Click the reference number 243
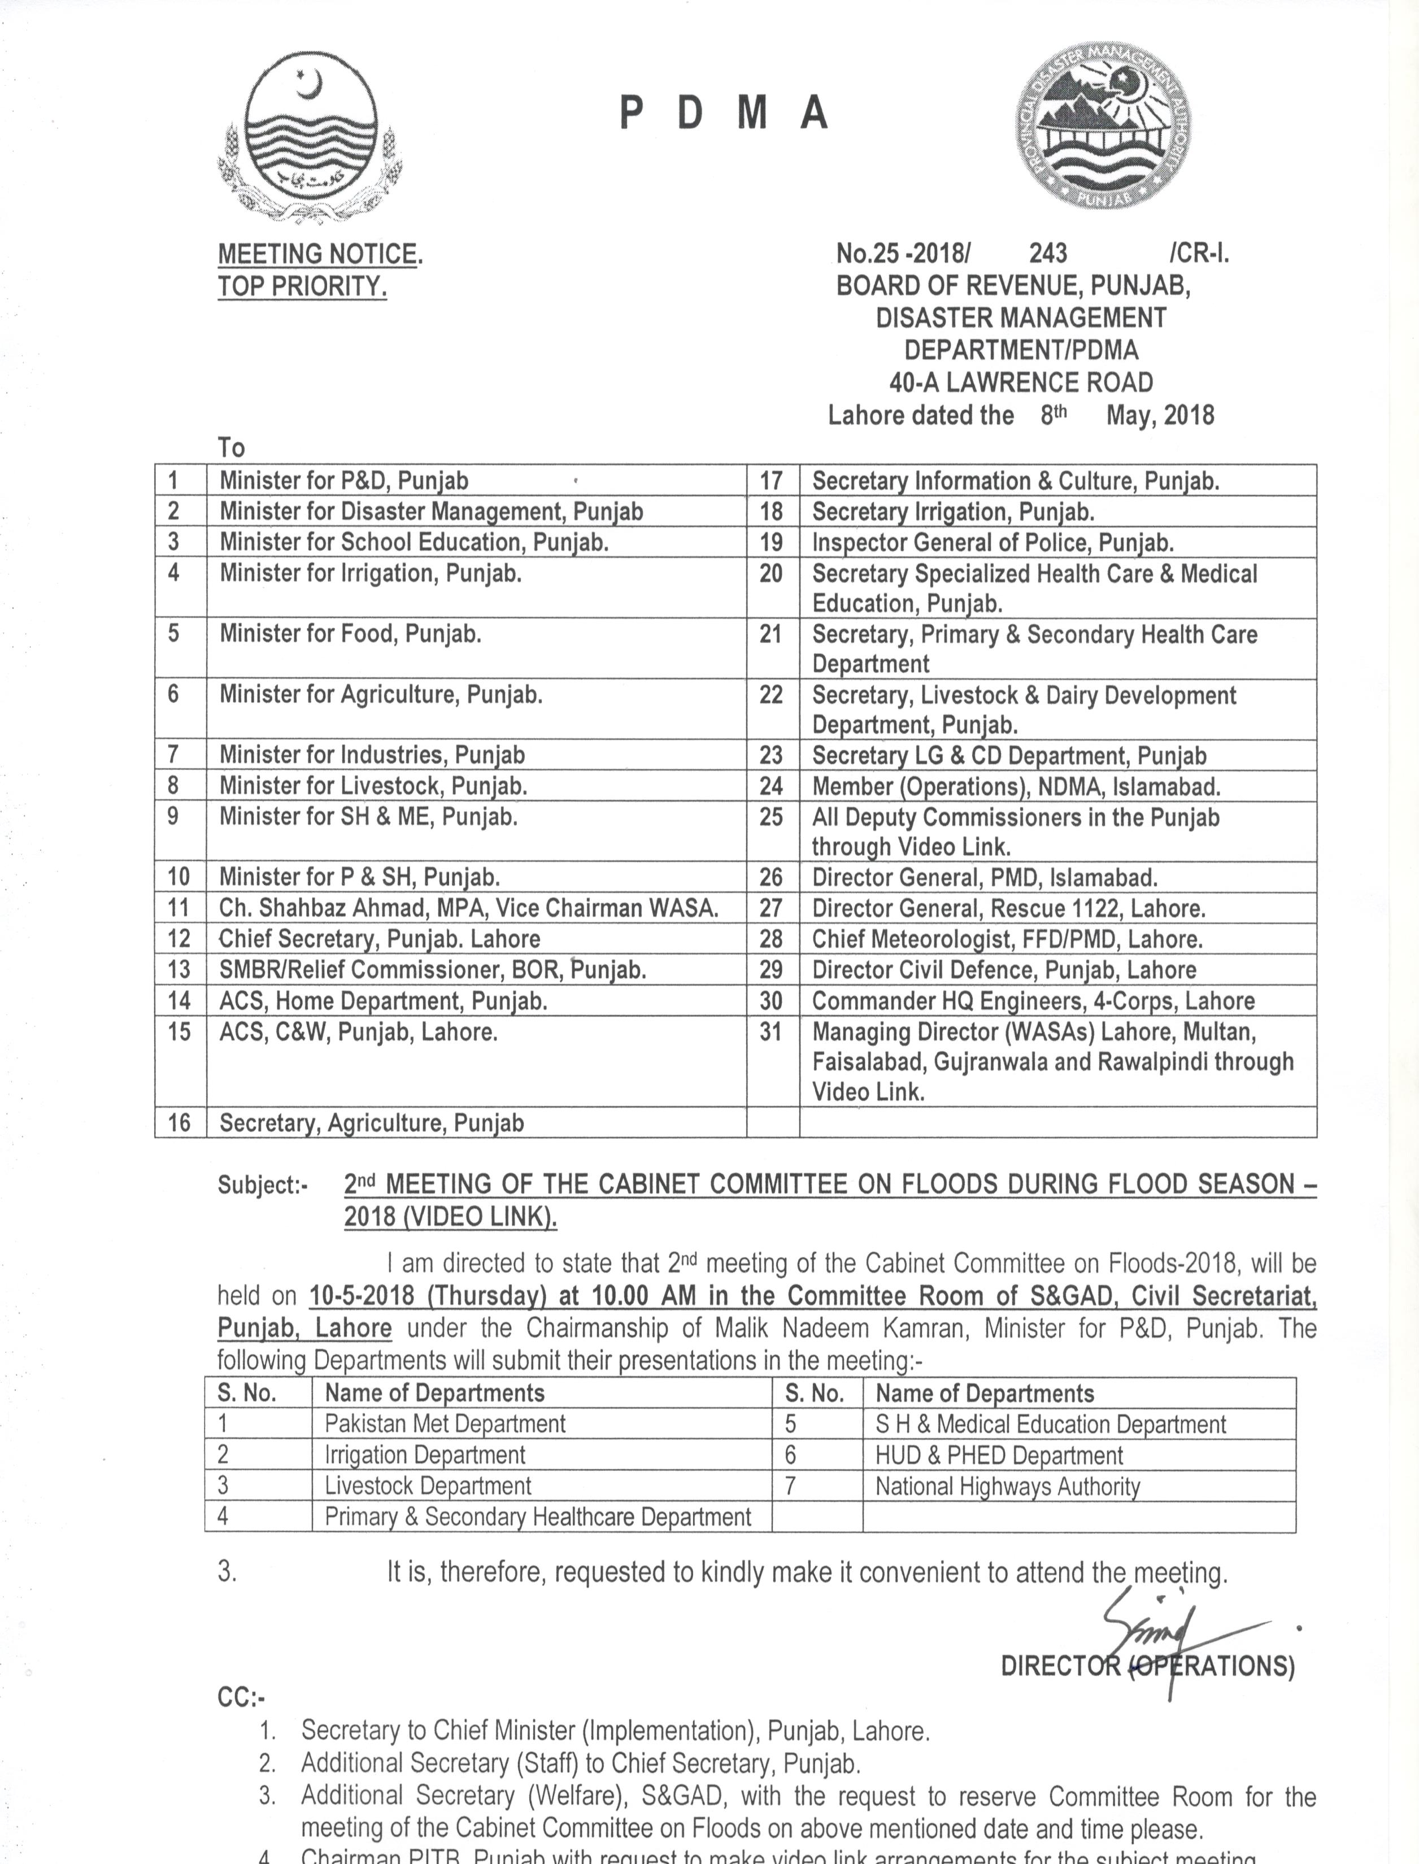click(x=1048, y=253)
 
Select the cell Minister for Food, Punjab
click(x=350, y=634)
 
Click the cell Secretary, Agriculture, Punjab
click(x=372, y=1123)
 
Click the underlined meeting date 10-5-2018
click(x=362, y=1296)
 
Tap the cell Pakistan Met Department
click(x=445, y=1424)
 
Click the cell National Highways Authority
click(x=1007, y=1487)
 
